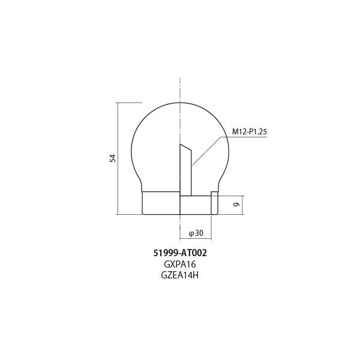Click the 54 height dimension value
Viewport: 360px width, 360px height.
(x=112, y=158)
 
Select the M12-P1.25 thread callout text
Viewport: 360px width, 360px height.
(x=249, y=131)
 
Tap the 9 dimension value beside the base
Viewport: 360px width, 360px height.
(x=236, y=205)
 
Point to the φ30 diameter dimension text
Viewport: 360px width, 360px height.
(x=196, y=233)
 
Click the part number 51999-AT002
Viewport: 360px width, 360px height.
(x=180, y=253)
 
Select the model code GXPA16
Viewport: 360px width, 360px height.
(x=180, y=264)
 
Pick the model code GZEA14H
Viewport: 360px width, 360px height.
(x=180, y=275)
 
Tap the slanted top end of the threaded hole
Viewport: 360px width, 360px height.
(x=185, y=148)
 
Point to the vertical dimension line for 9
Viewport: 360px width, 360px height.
(x=243, y=205)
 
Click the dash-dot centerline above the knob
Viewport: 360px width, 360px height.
(x=180, y=90)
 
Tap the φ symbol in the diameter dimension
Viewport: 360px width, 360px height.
(x=190, y=233)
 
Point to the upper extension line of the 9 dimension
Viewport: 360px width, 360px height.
(x=231, y=196)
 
